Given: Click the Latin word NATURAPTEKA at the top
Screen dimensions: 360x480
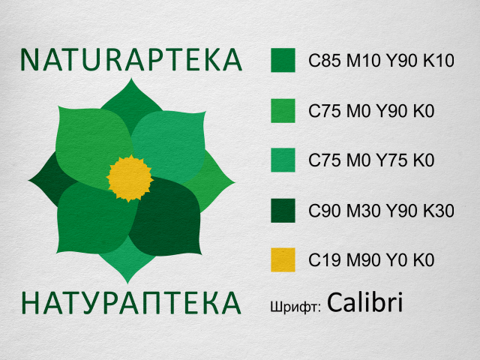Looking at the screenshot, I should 131,59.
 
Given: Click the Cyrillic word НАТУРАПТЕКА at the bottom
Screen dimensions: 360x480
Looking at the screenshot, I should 131,302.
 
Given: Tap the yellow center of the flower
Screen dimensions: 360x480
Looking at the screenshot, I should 130,178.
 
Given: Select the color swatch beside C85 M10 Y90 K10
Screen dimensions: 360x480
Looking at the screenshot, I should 283,61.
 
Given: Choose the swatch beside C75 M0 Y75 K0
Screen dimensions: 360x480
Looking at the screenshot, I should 283,160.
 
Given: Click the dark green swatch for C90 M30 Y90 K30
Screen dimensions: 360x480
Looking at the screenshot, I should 283,210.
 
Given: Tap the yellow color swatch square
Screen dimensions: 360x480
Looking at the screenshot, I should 283,259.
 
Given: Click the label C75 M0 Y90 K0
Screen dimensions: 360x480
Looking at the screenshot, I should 373,112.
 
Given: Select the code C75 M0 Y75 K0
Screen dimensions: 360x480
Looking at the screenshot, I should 373,161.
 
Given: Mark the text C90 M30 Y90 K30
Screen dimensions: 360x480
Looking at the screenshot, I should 382,211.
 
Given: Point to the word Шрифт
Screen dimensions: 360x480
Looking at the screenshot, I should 295,306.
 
